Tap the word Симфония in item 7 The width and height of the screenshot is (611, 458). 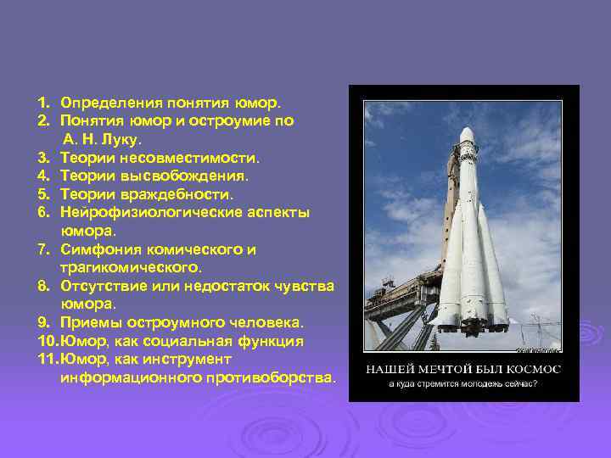click(x=99, y=249)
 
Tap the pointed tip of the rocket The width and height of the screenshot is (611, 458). click(x=467, y=128)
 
